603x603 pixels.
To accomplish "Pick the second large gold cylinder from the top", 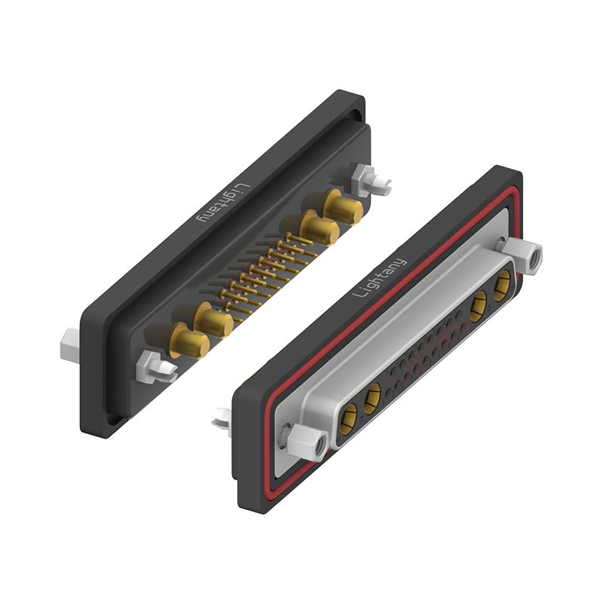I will pos(320,228).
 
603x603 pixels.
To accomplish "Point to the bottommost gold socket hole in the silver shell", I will pos(350,415).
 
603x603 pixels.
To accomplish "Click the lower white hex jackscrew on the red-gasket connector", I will pos(305,440).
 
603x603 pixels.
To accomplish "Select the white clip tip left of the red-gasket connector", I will pos(222,419).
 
